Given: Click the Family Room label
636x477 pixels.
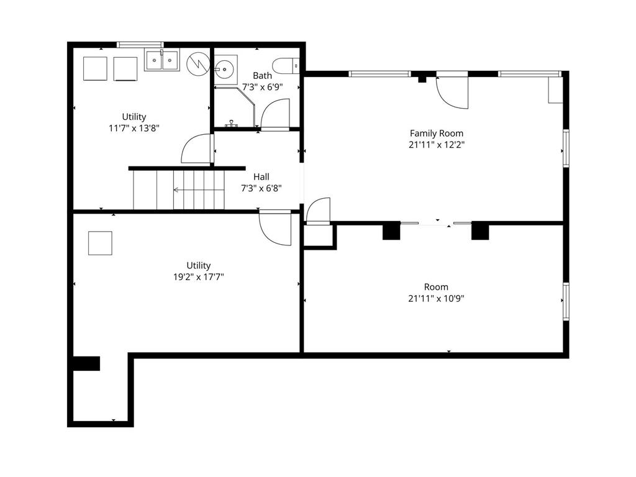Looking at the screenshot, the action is (x=437, y=133).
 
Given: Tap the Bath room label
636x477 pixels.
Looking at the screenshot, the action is (x=263, y=75).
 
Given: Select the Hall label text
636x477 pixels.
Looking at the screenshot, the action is (x=261, y=177).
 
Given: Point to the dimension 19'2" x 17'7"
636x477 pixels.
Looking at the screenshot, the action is (x=199, y=277).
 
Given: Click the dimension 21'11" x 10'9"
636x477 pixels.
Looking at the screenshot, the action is (x=437, y=299).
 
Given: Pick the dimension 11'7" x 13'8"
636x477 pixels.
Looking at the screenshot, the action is (x=134, y=128).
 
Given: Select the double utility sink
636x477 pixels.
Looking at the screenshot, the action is (x=162, y=60).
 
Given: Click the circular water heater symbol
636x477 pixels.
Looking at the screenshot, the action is (x=198, y=64).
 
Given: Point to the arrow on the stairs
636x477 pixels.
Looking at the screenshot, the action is (x=199, y=189).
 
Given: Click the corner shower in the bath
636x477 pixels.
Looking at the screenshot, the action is (x=234, y=107).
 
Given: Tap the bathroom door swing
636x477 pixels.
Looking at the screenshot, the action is (x=275, y=114).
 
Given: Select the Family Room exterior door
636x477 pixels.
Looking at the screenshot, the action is (x=452, y=92).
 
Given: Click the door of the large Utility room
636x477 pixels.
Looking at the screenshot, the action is (x=275, y=228).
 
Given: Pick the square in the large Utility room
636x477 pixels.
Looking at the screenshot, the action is (x=100, y=243).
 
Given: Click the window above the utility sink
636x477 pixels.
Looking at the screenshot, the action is (x=140, y=44).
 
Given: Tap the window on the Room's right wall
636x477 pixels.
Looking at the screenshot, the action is (x=566, y=301).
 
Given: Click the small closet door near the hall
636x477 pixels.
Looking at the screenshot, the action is (x=319, y=211).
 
